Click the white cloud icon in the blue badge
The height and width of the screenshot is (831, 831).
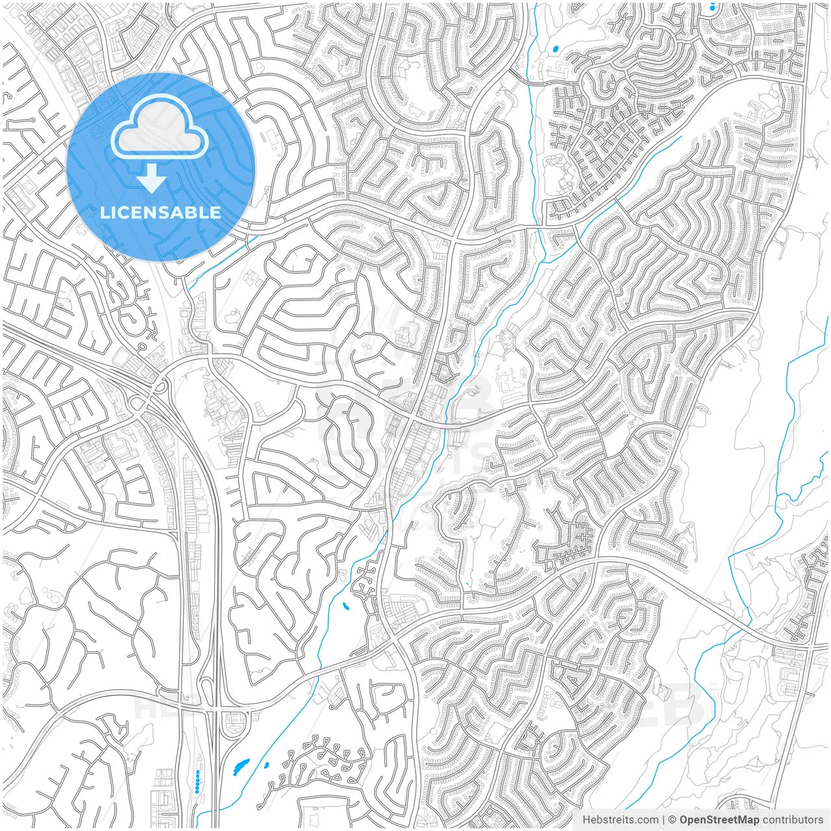(160, 130)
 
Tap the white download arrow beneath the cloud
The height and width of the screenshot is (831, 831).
(152, 179)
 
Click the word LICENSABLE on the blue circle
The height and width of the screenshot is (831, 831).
(160, 213)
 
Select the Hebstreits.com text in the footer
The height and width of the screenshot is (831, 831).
(620, 820)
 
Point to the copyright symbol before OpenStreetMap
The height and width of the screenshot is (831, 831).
(673, 820)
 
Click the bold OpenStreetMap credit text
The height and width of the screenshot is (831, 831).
(719, 820)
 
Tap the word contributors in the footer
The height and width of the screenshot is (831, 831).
(792, 820)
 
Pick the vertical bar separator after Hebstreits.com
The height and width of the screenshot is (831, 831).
(664, 820)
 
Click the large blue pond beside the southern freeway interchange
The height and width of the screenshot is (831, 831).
(240, 767)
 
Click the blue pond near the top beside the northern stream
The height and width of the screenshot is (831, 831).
(555, 48)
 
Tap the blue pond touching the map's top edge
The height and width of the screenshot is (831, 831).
(712, 6)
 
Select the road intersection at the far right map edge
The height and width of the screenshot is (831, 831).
(810, 647)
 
